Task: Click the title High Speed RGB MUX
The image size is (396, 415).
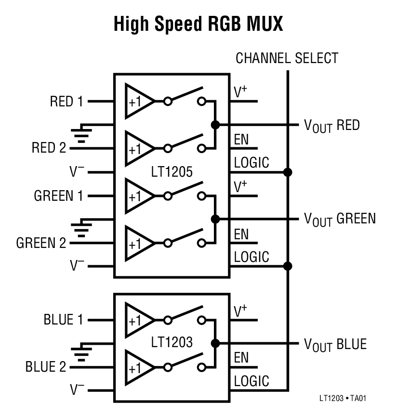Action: pos(198,24)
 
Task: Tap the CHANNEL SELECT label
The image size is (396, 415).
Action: pos(287,59)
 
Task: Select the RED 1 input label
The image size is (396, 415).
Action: pos(66,102)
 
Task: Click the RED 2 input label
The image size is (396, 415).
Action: pos(49,148)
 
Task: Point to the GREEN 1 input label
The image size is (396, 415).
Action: pos(58,196)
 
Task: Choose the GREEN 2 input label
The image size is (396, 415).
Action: pos(41,243)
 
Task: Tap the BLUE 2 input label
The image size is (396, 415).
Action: pos(46,366)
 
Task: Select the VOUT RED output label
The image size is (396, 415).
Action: pos(331,126)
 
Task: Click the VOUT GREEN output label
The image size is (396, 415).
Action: pos(339,219)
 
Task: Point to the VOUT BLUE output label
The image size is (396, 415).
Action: pos(335,344)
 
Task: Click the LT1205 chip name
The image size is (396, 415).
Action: pos(172,172)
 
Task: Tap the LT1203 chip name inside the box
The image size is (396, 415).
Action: pos(172,342)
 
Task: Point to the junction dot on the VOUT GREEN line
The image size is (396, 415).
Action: pos(215,219)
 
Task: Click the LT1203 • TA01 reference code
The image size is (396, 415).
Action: pos(345,399)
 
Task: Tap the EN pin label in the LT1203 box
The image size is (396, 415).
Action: pos(241,358)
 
